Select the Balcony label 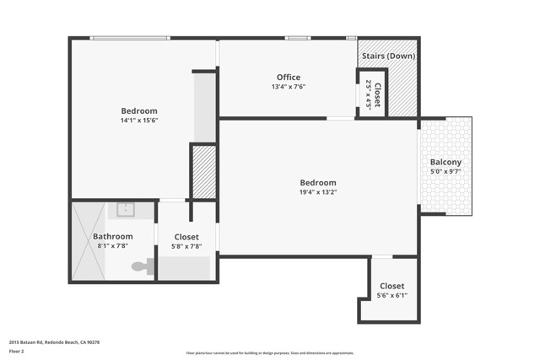click(445, 162)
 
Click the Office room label click(289, 78)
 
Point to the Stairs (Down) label click(388, 56)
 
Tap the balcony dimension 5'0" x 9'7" click(445, 171)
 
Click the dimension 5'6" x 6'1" click(392, 296)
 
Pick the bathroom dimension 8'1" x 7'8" click(113, 246)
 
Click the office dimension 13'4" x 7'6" click(289, 87)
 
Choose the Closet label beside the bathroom click(186, 237)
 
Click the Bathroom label click(113, 237)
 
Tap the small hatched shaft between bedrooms click(204, 172)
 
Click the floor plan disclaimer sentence click(270, 353)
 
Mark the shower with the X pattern click(88, 242)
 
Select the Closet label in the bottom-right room click(392, 287)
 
